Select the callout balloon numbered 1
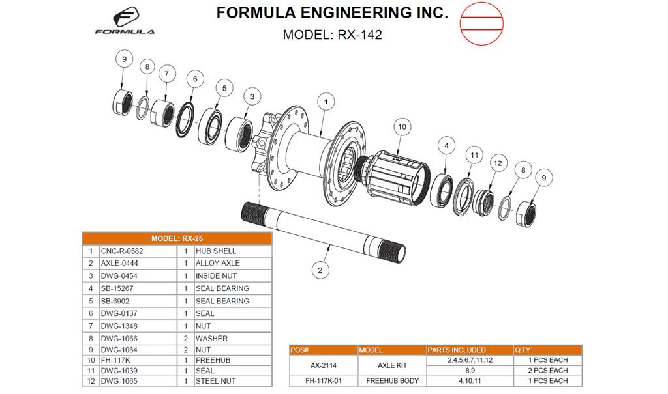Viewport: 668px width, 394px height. (x=326, y=101)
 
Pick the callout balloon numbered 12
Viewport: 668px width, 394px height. (x=497, y=163)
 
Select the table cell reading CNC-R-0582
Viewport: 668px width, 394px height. (x=137, y=251)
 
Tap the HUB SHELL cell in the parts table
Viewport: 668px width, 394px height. (x=232, y=251)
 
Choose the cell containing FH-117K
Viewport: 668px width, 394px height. (x=137, y=360)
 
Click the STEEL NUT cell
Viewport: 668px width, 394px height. (x=232, y=381)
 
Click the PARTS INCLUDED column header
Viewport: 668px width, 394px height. (x=470, y=350)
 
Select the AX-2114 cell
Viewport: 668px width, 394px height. (x=324, y=365)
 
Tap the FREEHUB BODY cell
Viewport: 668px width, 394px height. (x=392, y=381)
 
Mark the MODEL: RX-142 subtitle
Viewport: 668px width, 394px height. (x=332, y=35)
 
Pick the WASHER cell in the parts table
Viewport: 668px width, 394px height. (x=232, y=339)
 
